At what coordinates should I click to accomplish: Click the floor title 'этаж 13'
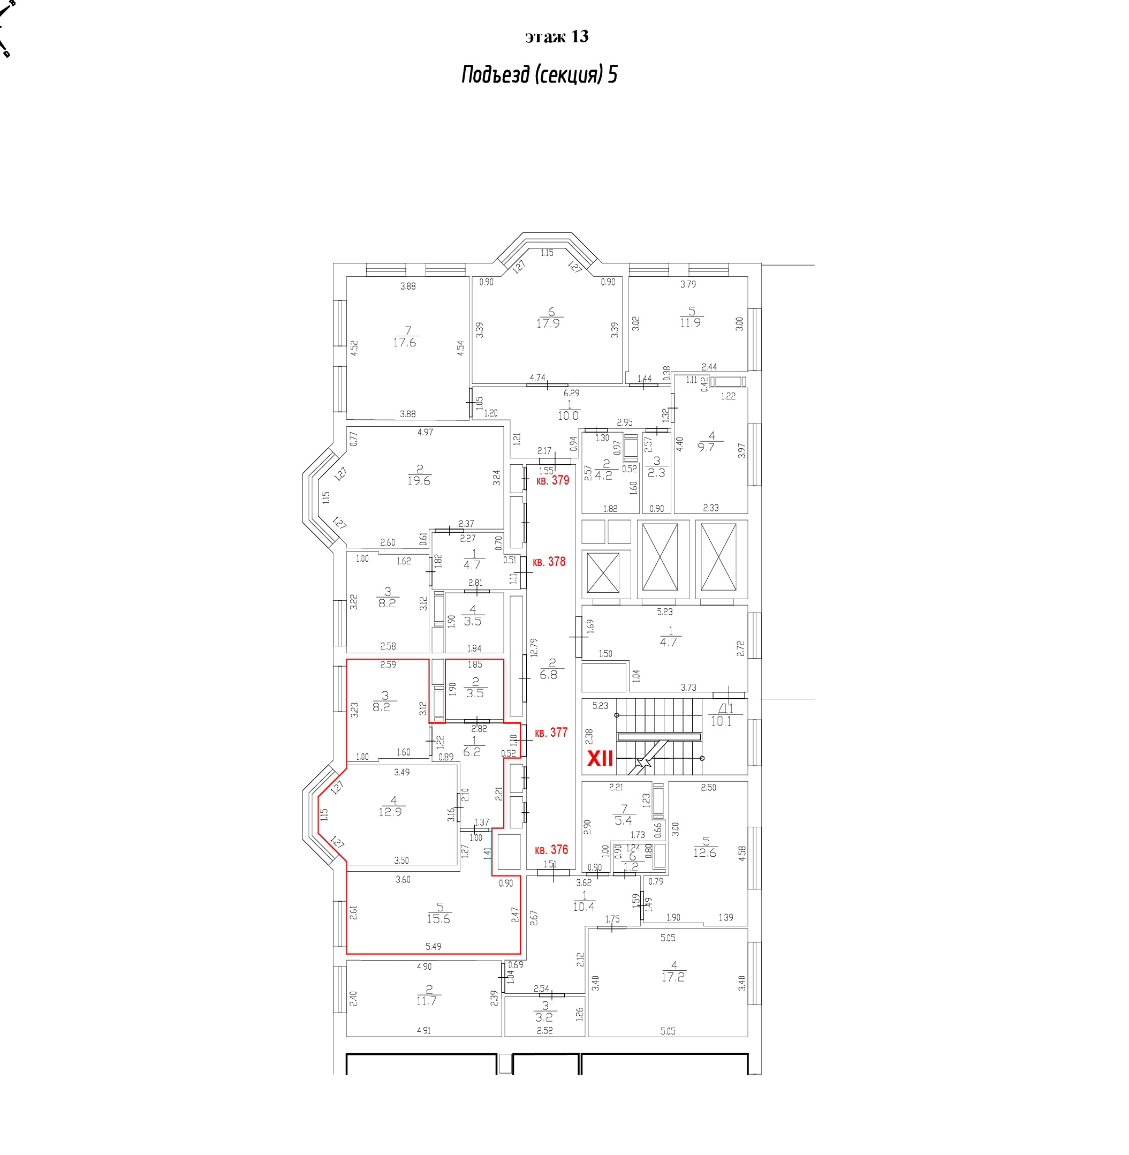click(557, 37)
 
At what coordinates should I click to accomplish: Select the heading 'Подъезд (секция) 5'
click(540, 75)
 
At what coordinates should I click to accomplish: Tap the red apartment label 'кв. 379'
click(552, 480)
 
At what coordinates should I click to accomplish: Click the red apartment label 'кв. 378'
click(549, 562)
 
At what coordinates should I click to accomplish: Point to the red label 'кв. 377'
click(551, 733)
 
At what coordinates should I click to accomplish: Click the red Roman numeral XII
click(600, 759)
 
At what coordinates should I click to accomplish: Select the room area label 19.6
click(419, 481)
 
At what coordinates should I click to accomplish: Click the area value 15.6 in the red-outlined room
click(438, 919)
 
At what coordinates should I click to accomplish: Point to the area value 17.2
click(673, 977)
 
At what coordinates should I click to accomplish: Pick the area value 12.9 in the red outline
click(390, 812)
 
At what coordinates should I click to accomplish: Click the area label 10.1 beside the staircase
click(721, 722)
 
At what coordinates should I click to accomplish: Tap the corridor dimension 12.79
click(534, 647)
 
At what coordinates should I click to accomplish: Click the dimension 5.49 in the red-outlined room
click(434, 947)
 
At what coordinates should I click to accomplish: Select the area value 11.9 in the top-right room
click(690, 323)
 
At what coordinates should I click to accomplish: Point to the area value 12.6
click(704, 853)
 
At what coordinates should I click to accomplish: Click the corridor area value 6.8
click(549, 675)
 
